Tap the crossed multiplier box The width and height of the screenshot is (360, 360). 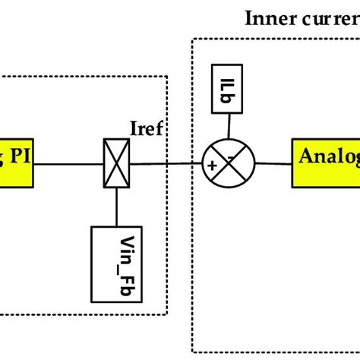pyautogui.click(x=118, y=160)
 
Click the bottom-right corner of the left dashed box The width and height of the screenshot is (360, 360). pyautogui.click(x=168, y=314)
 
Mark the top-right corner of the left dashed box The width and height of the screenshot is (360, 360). pyautogui.click(x=168, y=76)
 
